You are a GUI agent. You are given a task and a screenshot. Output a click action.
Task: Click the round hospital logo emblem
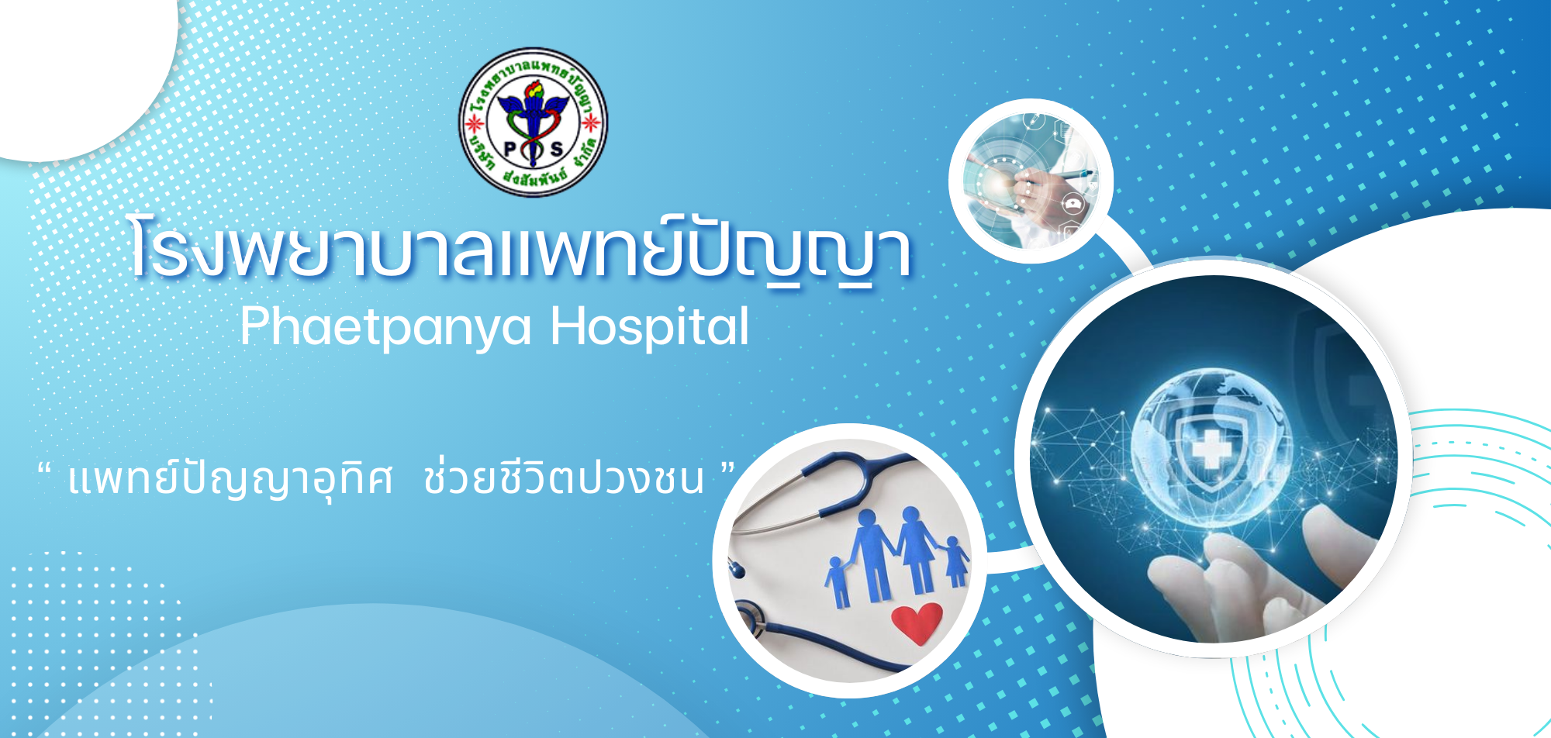[533, 122]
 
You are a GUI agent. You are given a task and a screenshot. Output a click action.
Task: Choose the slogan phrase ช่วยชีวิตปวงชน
[564, 476]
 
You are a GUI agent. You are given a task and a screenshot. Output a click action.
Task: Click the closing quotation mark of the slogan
[727, 468]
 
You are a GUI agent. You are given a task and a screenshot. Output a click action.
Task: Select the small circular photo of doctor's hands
[1031, 181]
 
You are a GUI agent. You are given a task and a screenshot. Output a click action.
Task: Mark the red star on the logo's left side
[469, 122]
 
